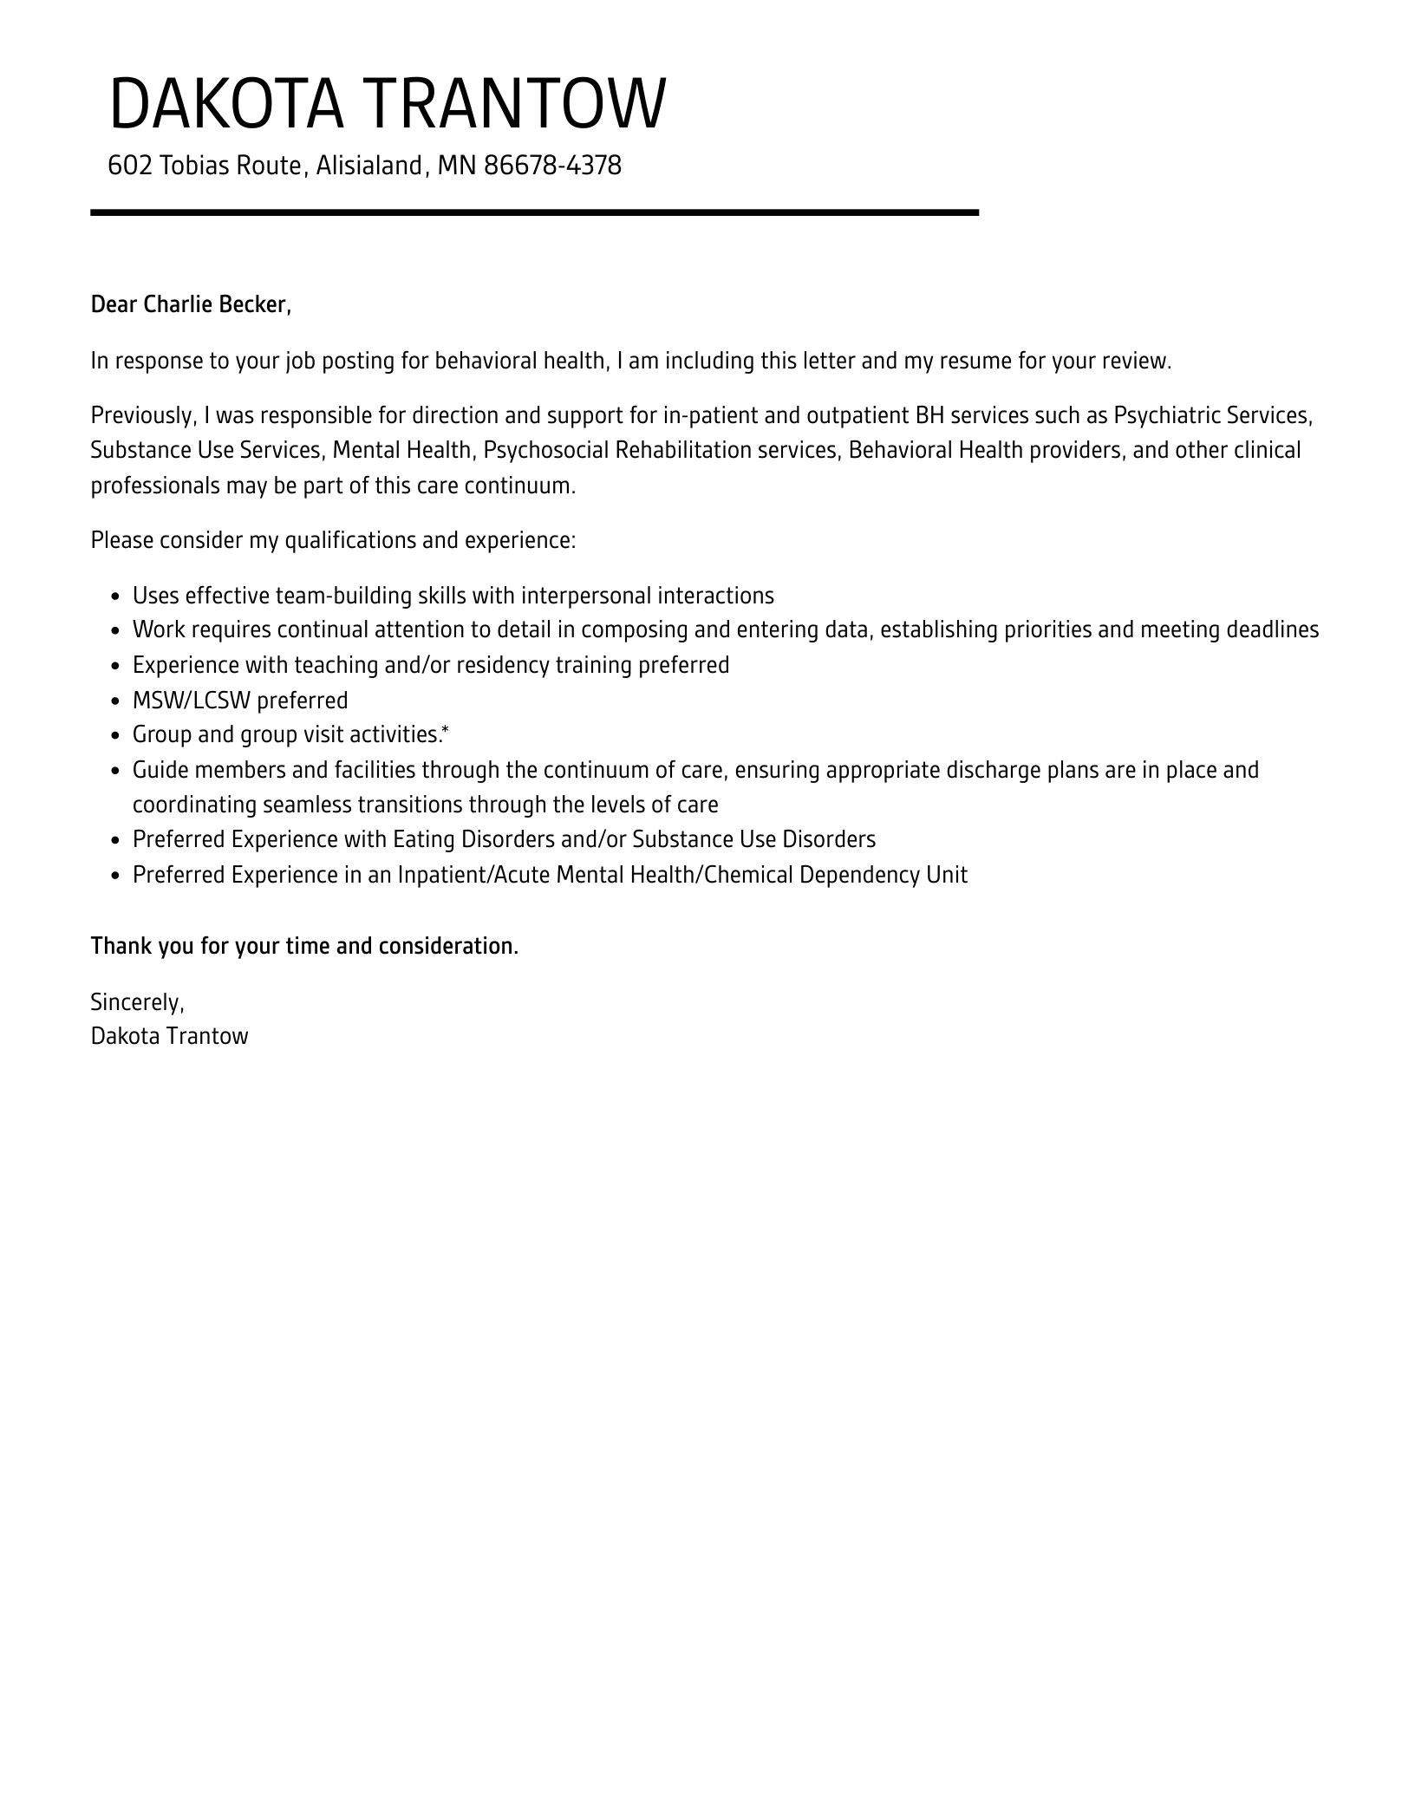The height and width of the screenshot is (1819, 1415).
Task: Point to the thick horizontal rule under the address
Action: click(534, 212)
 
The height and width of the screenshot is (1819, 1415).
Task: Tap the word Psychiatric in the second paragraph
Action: click(1166, 416)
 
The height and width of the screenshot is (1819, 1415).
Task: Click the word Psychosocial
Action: click(545, 451)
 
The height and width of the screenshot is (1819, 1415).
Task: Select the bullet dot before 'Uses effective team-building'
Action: click(116, 597)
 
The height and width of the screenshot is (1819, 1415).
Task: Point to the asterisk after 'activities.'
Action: click(446, 733)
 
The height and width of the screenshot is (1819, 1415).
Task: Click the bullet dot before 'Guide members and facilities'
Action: click(116, 772)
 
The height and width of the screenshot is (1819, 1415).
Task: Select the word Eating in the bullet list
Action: click(424, 839)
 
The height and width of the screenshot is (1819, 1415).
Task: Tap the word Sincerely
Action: click(137, 1002)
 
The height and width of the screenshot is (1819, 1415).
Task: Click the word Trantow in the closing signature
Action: click(207, 1036)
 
